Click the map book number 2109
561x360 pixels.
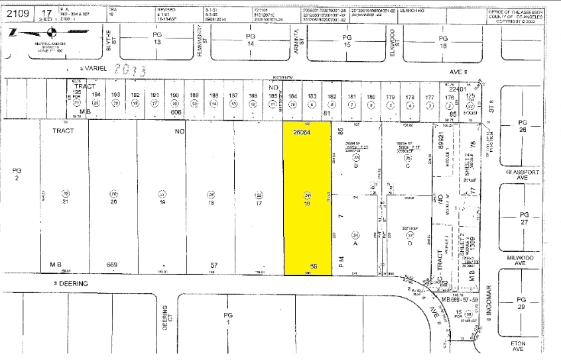tap(18, 11)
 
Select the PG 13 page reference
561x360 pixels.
tap(157, 39)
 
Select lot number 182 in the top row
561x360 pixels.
tap(331, 97)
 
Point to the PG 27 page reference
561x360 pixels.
tap(525, 219)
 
